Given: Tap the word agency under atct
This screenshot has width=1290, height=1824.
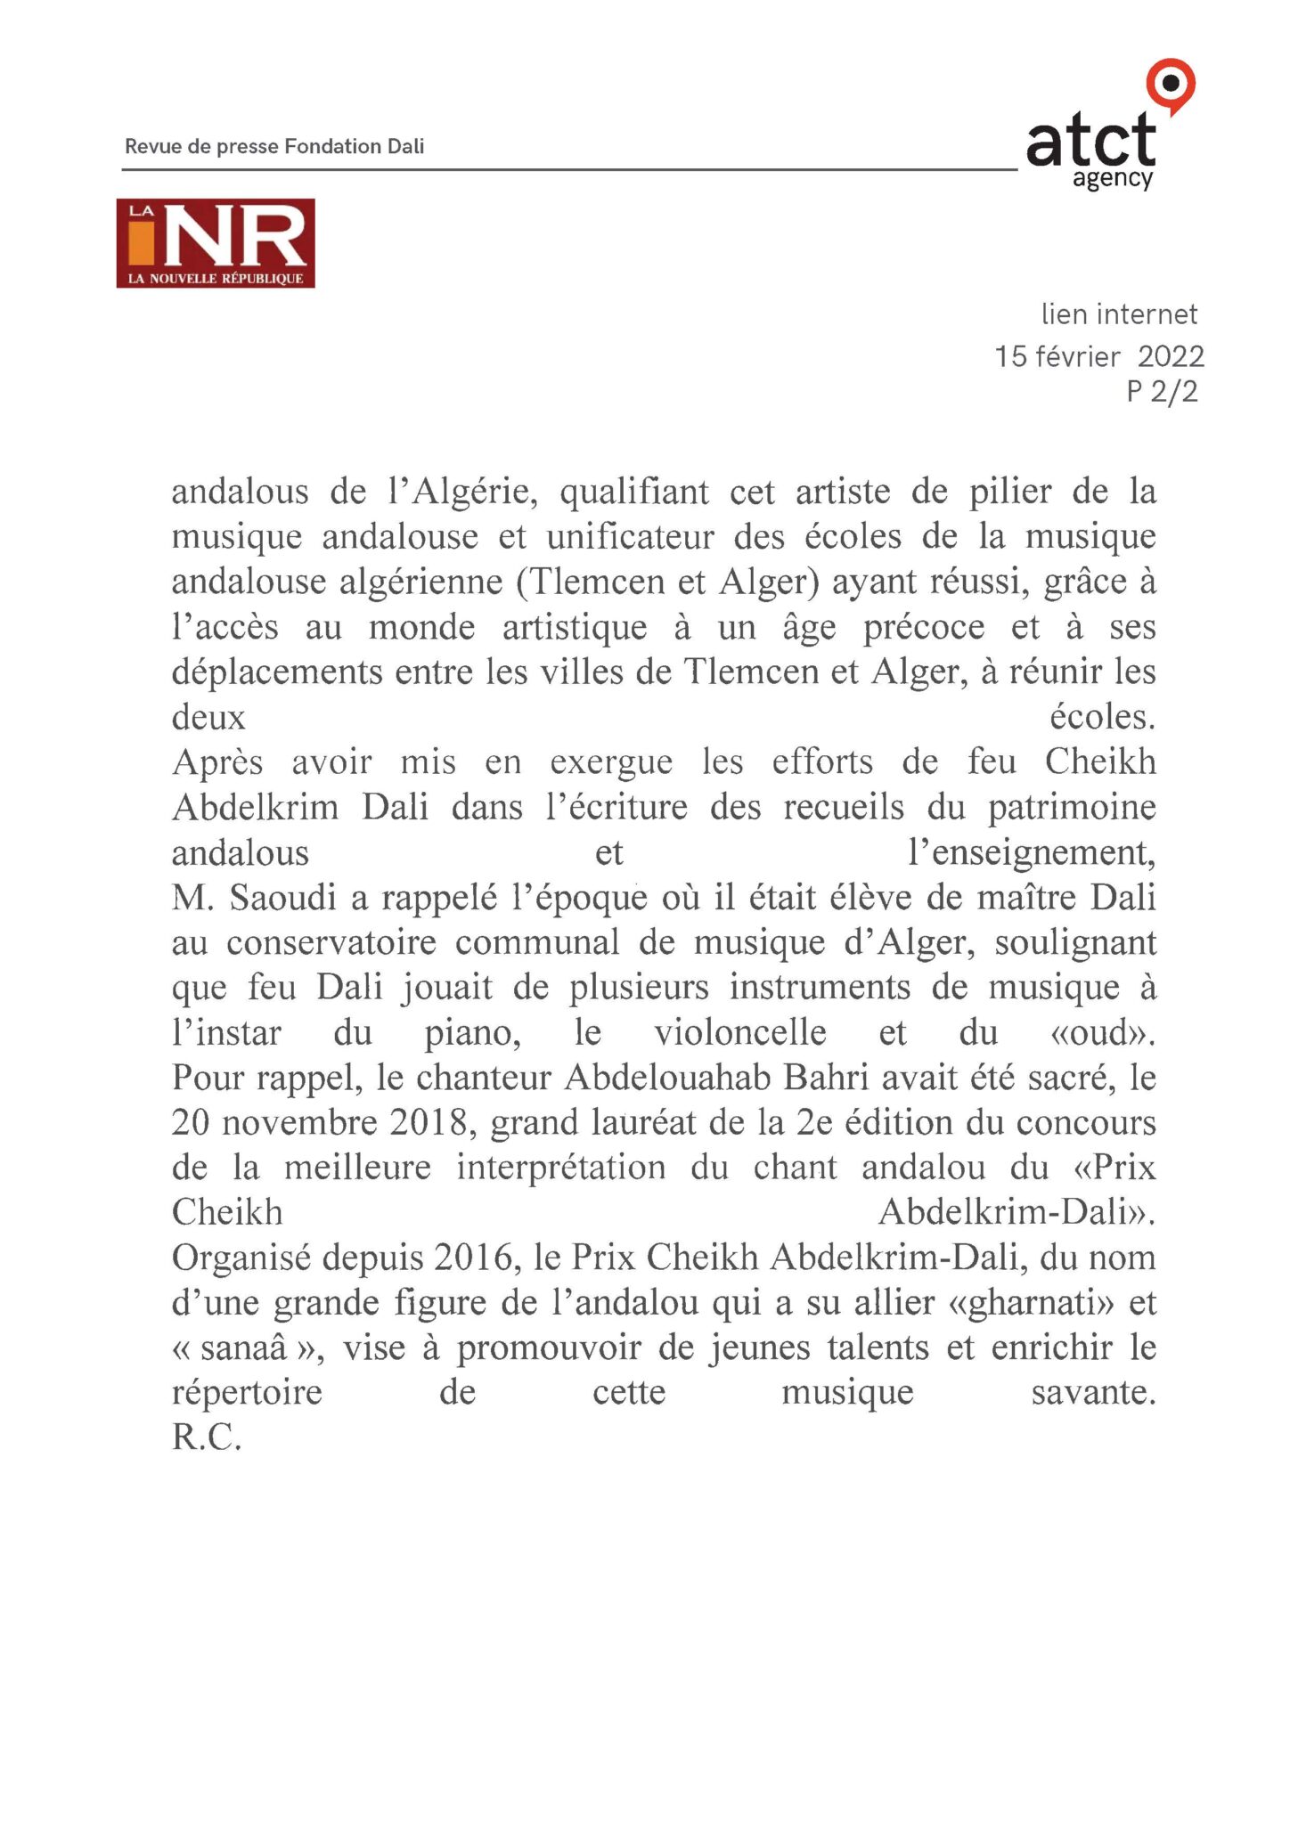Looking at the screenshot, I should click(1113, 178).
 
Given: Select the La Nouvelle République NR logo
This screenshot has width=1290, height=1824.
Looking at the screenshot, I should click(216, 243).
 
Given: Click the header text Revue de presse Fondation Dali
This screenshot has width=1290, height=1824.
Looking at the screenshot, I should click(274, 146).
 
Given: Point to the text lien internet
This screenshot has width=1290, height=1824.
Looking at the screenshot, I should click(1119, 314).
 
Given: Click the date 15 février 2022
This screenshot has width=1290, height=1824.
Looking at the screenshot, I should click(1098, 356).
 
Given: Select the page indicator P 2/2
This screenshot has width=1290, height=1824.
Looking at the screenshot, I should click(1162, 391).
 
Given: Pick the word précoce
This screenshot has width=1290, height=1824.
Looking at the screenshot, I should click(924, 627).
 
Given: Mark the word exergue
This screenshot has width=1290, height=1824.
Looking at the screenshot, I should click(610, 762).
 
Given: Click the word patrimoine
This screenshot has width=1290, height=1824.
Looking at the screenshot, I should click(1072, 808).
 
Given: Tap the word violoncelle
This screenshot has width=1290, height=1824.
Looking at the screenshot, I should click(740, 1033).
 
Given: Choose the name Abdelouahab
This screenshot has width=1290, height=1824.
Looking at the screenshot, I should click(667, 1078).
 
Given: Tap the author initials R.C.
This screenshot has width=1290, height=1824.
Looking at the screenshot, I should click(207, 1437).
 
